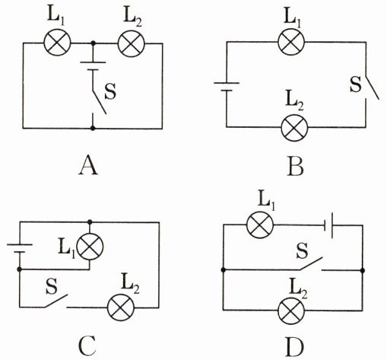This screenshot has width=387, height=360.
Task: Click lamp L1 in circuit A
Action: point(57,43)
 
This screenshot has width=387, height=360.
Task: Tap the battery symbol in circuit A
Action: point(93,65)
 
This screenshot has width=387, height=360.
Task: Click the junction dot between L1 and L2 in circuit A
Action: point(94,43)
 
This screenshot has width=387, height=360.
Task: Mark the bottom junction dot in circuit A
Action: point(93,128)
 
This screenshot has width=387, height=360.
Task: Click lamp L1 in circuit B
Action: point(291,42)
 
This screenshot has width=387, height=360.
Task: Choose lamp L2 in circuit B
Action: point(294,127)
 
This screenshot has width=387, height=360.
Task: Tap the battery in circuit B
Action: point(227,87)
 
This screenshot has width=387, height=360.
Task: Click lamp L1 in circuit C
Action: point(90,247)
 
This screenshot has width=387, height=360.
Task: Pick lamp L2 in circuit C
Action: point(121,307)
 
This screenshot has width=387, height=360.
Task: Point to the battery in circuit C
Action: point(20,248)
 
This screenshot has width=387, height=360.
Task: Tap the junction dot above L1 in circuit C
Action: point(90,222)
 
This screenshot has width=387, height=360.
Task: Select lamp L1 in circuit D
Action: point(260,225)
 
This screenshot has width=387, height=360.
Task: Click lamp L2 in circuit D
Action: point(291,310)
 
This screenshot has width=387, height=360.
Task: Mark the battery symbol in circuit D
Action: point(328,225)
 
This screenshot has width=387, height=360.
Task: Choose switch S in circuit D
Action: point(311,264)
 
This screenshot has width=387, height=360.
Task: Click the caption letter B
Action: point(295,167)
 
